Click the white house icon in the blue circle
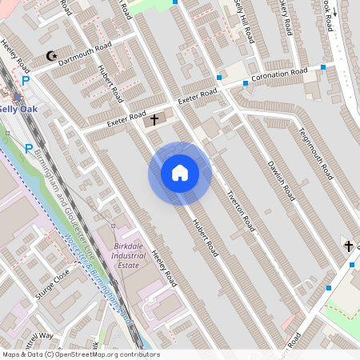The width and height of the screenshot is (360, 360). (179, 173)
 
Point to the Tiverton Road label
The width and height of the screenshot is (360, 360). (240, 206)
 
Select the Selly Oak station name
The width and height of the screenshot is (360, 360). (17, 107)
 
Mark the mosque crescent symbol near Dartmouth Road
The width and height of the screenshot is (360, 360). (53, 56)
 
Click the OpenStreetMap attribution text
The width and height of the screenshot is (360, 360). (80, 354)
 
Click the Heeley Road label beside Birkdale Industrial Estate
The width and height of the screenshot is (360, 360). (162, 267)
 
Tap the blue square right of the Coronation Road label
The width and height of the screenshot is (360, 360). (323, 67)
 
